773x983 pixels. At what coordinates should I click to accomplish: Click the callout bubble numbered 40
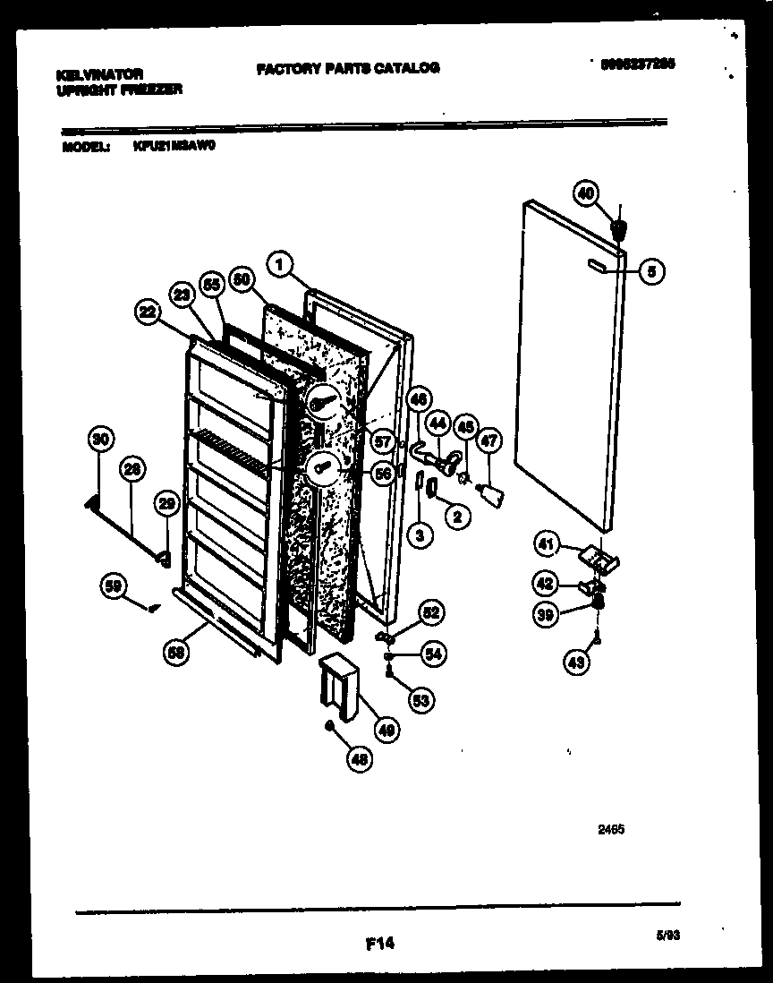(x=586, y=192)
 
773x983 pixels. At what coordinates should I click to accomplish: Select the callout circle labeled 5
(x=651, y=270)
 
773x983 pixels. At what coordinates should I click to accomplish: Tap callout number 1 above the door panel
(x=281, y=264)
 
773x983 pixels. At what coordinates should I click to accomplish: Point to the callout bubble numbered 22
(x=149, y=312)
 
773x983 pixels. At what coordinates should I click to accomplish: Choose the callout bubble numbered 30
(x=102, y=439)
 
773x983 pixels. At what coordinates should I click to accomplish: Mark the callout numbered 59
(x=113, y=587)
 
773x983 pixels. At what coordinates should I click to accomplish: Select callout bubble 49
(x=387, y=730)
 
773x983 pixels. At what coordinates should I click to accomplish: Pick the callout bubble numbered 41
(x=547, y=543)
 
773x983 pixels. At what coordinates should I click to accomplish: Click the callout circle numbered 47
(x=489, y=440)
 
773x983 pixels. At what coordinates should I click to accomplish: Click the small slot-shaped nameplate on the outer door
(x=597, y=264)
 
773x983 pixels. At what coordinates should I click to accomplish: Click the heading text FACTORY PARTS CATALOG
(x=347, y=68)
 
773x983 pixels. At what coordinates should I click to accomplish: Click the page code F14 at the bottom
(x=380, y=943)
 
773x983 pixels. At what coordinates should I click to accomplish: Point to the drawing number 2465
(x=611, y=830)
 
